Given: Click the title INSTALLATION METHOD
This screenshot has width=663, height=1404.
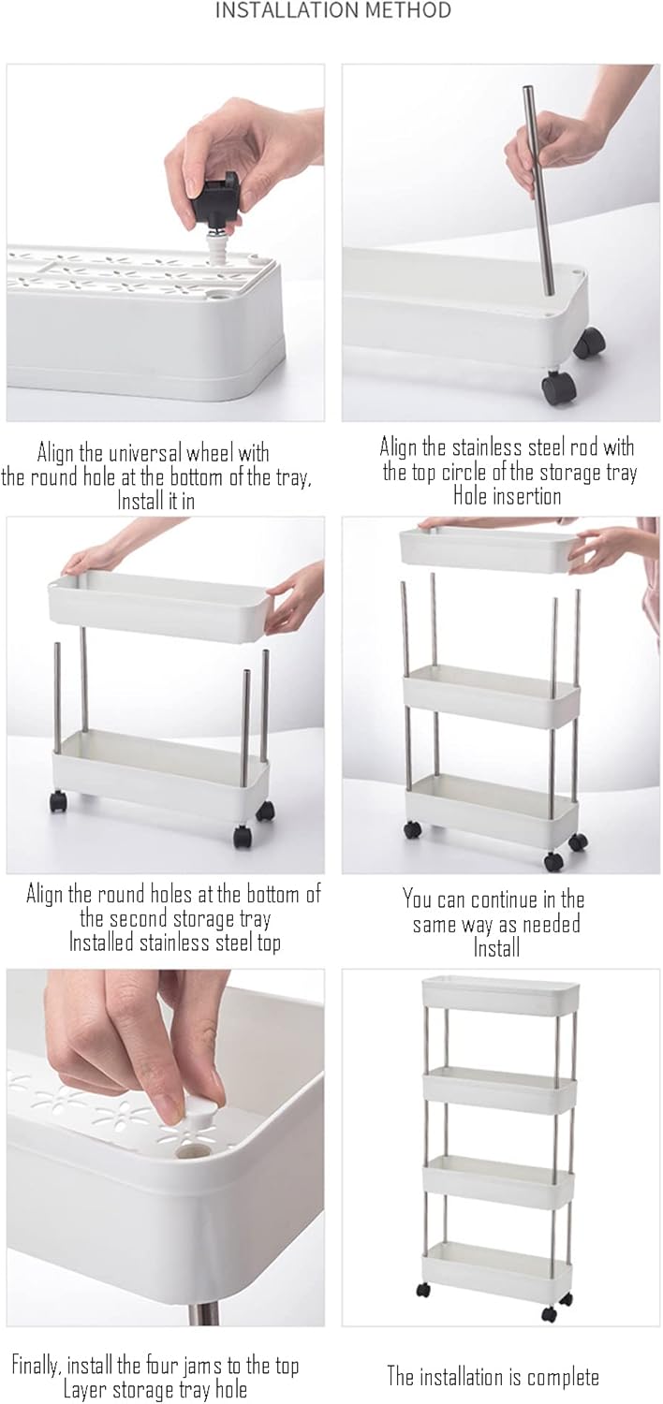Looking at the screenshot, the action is tap(333, 10).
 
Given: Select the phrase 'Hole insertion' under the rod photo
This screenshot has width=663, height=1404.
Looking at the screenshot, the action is tap(507, 496).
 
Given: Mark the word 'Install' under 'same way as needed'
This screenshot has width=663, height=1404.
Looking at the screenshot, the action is tap(496, 947).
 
